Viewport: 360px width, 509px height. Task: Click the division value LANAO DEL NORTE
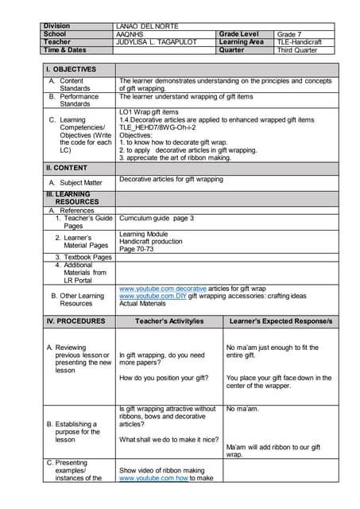click(147, 26)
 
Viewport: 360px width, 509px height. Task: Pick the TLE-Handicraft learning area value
click(300, 42)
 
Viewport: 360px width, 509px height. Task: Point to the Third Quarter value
click(296, 50)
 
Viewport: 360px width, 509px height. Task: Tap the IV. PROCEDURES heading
click(75, 321)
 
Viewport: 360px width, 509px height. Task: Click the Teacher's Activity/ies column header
click(168, 321)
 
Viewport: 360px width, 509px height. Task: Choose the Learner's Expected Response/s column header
click(281, 321)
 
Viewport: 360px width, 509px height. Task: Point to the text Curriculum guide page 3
click(157, 218)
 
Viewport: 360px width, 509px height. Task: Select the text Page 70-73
click(137, 249)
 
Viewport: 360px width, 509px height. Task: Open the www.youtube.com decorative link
click(162, 288)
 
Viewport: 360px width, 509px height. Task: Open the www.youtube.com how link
click(153, 479)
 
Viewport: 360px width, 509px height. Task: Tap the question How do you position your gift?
click(164, 378)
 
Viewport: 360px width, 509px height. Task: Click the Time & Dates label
click(64, 50)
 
